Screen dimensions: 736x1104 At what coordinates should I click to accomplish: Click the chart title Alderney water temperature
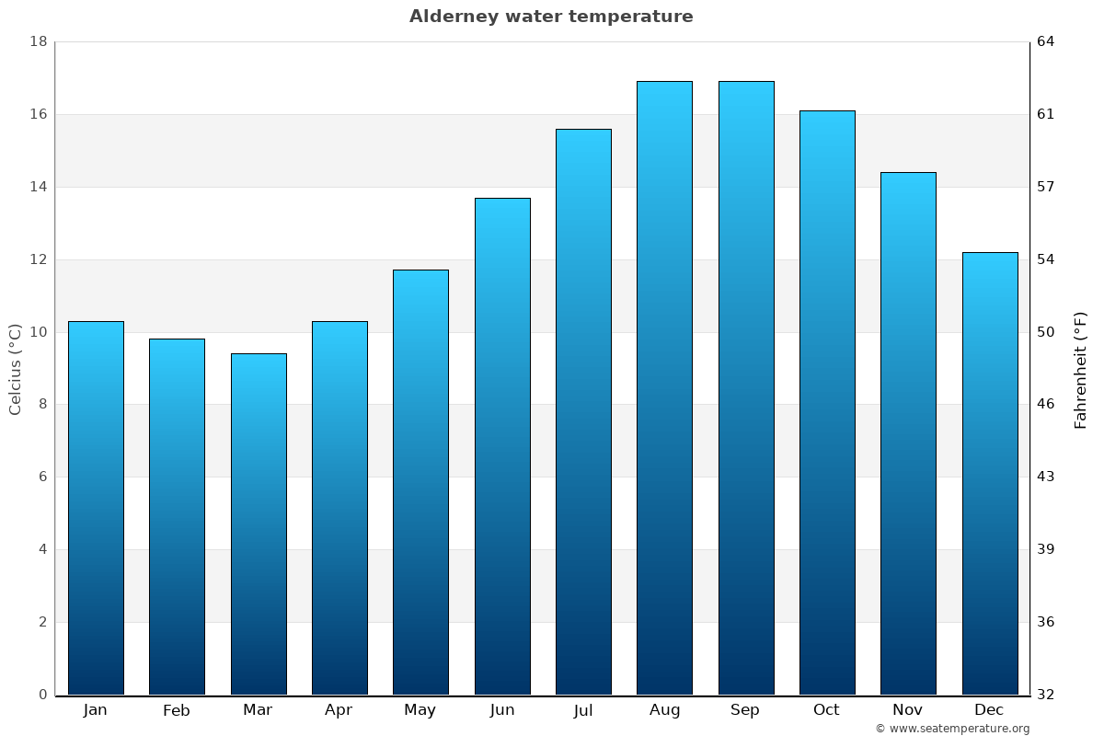[x=551, y=17]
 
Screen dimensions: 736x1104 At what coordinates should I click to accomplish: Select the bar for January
[x=96, y=508]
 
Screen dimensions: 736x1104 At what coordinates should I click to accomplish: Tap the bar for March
[x=259, y=524]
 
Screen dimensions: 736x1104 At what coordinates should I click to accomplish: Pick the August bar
[x=664, y=388]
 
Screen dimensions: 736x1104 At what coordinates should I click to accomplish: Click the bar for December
[x=990, y=474]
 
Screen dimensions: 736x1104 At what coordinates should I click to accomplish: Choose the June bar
[x=502, y=446]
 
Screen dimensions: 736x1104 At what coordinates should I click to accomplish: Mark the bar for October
[x=827, y=403]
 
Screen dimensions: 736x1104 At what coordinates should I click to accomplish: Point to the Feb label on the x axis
[x=176, y=710]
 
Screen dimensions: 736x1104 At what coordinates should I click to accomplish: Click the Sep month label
[x=745, y=710]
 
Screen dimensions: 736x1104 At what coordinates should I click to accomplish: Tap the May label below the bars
[x=420, y=710]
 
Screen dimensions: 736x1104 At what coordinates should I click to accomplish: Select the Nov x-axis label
[x=908, y=710]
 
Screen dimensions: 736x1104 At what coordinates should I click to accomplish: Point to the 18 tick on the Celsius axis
[x=39, y=42]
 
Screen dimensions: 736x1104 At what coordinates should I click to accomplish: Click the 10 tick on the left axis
[x=39, y=332]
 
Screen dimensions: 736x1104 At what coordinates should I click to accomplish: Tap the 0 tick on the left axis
[x=42, y=695]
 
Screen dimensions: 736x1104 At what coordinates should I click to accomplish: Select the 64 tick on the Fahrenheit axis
[x=1046, y=42]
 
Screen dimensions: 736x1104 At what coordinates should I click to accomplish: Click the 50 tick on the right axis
[x=1046, y=332]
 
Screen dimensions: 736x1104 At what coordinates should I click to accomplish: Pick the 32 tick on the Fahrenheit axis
[x=1046, y=695]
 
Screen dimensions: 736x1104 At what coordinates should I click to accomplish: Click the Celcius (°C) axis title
[x=16, y=369]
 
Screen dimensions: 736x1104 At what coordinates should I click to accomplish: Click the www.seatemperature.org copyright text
[x=952, y=729]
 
